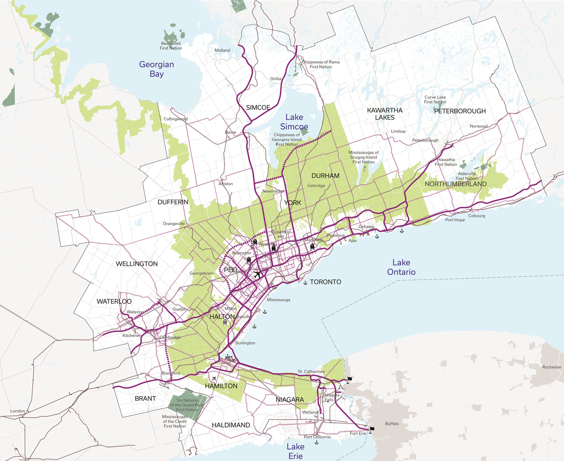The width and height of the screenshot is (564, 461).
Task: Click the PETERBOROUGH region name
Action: pos(460,111)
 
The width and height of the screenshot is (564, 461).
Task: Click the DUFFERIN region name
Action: pos(173,202)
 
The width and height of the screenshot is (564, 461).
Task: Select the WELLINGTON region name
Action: pos(137,264)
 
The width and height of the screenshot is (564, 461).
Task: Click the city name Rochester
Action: pos(551,367)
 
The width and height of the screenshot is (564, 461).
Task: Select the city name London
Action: pos(17,411)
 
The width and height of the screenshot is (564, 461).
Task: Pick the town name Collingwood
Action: pos(175,119)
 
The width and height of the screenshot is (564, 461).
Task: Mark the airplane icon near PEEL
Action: pos(257,274)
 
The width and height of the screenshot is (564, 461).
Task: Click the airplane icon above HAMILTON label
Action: pos(214,378)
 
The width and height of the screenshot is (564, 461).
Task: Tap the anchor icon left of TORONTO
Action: pos(305,282)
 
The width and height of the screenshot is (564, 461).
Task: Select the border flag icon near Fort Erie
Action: pos(372,429)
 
